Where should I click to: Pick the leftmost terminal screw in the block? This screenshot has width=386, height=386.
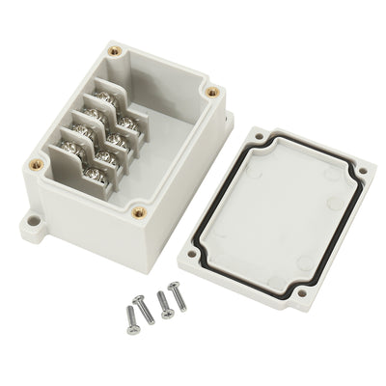tap(68, 147)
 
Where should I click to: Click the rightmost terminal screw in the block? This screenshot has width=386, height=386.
tap(135, 121)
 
